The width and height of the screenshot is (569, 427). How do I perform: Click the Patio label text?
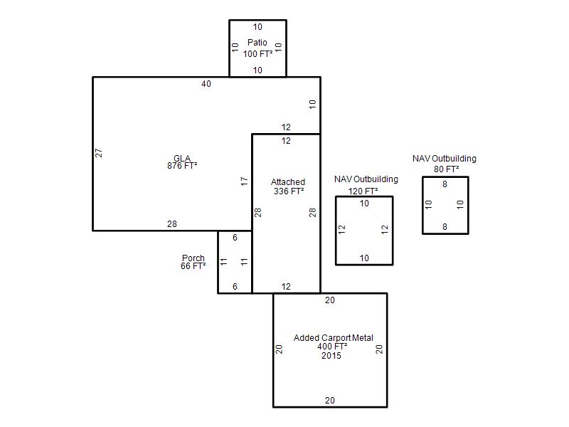tap(257, 43)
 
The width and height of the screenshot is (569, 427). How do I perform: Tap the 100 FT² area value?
tap(257, 54)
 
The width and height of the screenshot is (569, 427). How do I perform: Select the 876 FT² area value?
tap(182, 166)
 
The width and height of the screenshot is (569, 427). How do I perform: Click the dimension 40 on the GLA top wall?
tap(206, 84)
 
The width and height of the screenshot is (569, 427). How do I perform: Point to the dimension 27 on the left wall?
tap(99, 153)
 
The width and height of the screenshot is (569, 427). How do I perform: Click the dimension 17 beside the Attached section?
tap(244, 181)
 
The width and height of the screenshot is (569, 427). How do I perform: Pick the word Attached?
tap(288, 182)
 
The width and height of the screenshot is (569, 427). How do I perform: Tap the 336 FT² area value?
tap(289, 191)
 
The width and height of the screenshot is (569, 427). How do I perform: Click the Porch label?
tap(193, 258)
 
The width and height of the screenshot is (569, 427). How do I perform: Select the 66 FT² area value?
tap(193, 266)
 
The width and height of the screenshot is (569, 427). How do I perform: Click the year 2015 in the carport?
tap(331, 356)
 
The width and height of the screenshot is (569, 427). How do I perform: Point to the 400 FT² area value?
tap(332, 347)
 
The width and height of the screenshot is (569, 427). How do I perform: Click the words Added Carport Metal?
tap(333, 338)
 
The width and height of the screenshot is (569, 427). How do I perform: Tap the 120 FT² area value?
tap(363, 191)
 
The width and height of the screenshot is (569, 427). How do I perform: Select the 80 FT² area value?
tap(447, 169)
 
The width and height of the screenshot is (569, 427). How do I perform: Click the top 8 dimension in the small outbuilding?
tap(445, 184)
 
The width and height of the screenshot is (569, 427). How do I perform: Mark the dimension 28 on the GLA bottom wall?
tap(172, 224)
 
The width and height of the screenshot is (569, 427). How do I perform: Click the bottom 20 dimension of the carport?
tap(330, 401)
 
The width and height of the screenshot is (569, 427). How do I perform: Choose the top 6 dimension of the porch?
tap(235, 238)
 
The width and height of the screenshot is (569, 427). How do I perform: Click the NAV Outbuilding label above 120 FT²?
tap(366, 179)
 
